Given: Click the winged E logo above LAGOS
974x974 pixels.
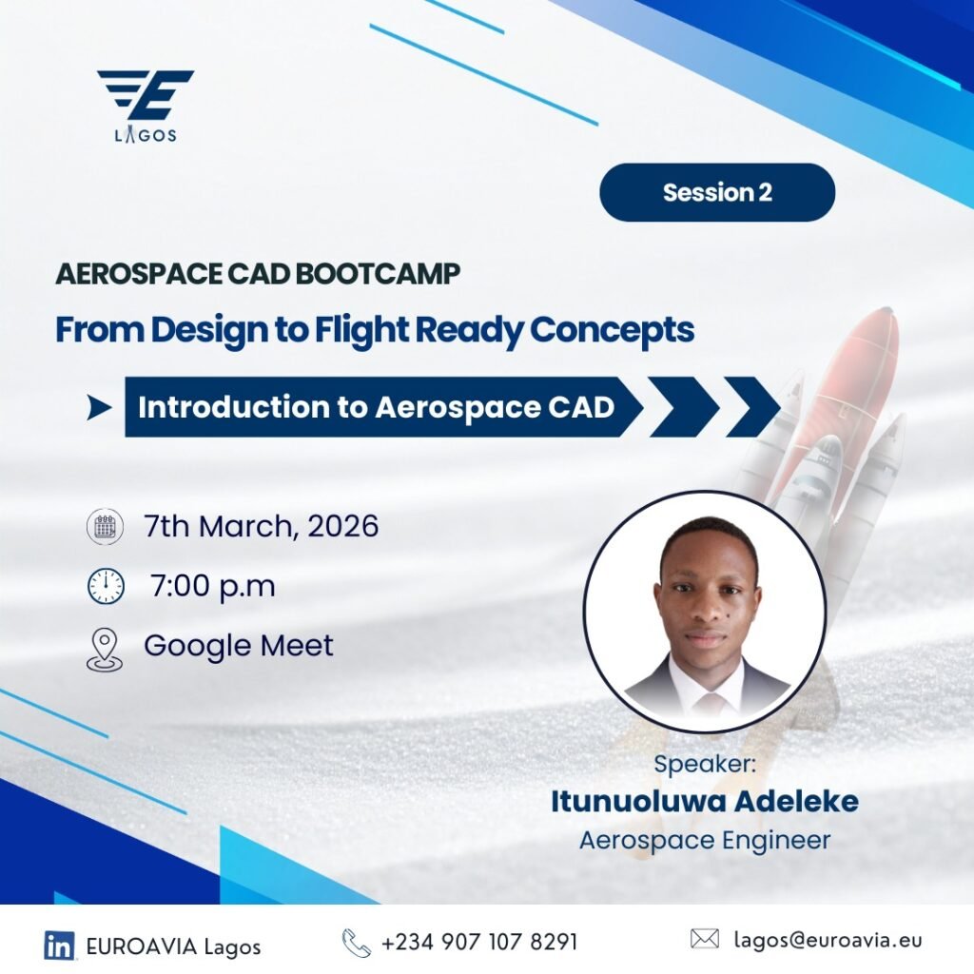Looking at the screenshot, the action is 146,94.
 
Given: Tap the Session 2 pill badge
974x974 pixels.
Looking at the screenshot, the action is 717,192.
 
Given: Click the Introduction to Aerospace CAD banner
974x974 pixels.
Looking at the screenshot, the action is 383,407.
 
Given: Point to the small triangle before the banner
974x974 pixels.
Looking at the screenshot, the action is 99,407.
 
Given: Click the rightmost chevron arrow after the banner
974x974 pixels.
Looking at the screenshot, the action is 752,407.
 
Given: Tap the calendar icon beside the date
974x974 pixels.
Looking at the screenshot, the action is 105,526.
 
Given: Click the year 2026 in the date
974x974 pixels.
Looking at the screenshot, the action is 342,525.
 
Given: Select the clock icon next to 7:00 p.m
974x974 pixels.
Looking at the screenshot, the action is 106,586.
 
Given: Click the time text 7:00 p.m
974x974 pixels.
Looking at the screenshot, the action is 212,586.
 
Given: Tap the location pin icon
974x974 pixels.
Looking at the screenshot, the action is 105,649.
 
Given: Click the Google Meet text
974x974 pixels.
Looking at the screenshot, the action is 239,646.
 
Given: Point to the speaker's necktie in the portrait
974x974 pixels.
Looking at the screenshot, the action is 709,705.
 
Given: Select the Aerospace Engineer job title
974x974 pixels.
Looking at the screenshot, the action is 705,841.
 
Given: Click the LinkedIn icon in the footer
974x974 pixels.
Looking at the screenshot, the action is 59,945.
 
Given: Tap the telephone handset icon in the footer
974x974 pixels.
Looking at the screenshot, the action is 357,943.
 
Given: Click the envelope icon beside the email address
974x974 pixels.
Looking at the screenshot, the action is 705,939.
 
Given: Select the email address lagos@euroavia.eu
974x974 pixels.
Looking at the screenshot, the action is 828,940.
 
